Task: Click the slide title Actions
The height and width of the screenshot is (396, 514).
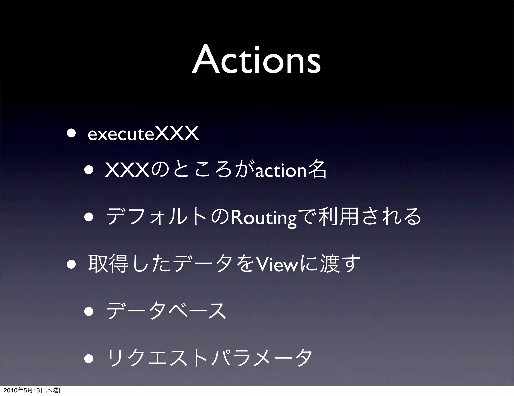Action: pos(256,60)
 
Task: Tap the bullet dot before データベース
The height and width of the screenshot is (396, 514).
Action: pos(89,311)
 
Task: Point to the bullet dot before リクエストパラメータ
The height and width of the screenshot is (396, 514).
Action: pos(89,358)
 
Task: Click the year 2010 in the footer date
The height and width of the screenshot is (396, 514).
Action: pos(9,390)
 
